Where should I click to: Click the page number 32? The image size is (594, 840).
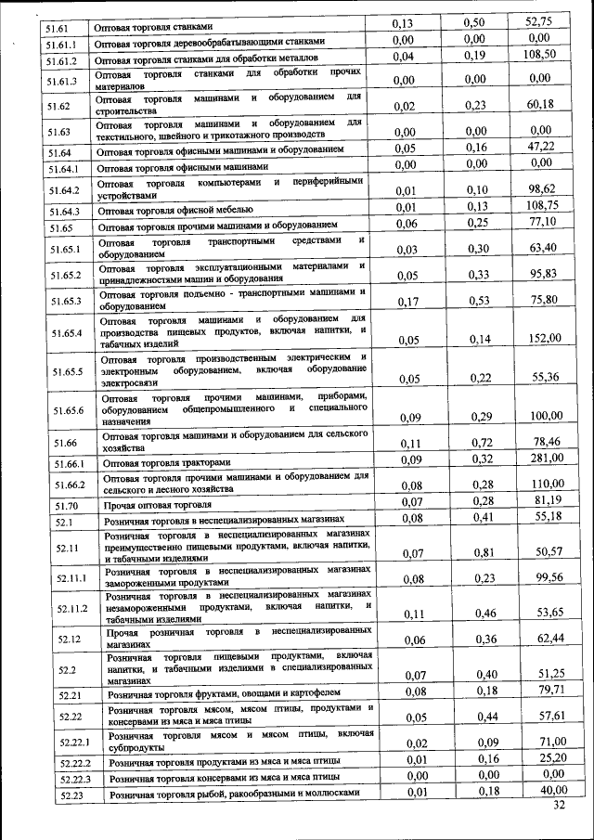pyautogui.click(x=558, y=805)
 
